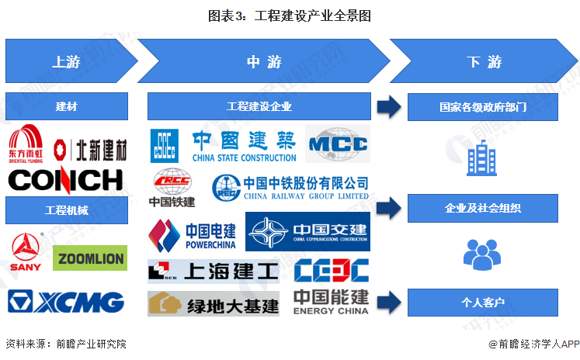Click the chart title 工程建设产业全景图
pyautogui.click(x=290, y=15)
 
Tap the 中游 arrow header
pyautogui.click(x=263, y=63)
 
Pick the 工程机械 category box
pyautogui.click(x=67, y=209)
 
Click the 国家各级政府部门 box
pyautogui.click(x=482, y=107)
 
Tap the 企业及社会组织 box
pyautogui.click(x=482, y=208)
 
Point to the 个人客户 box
pyautogui.click(x=482, y=302)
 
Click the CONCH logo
pyautogui.click(x=65, y=180)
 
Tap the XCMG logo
pyautogui.click(x=66, y=301)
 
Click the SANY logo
pyautogui.click(x=26, y=252)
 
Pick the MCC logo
pyautogui.click(x=338, y=144)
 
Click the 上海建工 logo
pyautogui.click(x=213, y=271)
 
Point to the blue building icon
pyautogui.click(x=481, y=157)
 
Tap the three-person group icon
pyautogui.click(x=481, y=254)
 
